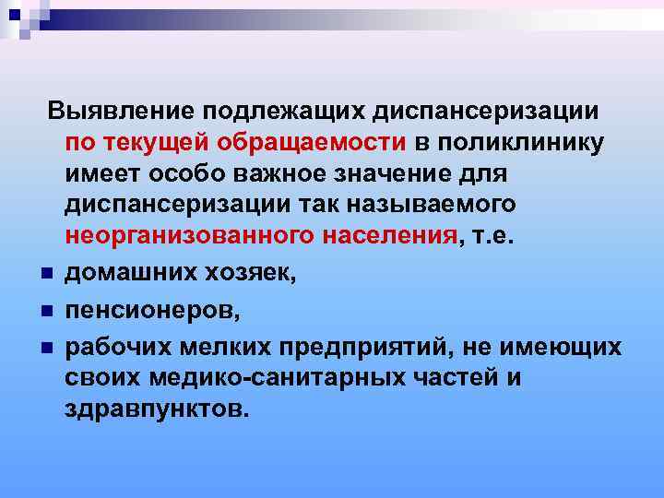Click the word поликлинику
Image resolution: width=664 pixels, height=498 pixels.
[521, 143]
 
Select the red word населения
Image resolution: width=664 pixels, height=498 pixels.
[389, 235]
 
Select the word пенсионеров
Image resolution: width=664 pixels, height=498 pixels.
[151, 314]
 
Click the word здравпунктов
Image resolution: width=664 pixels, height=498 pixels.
[157, 408]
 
